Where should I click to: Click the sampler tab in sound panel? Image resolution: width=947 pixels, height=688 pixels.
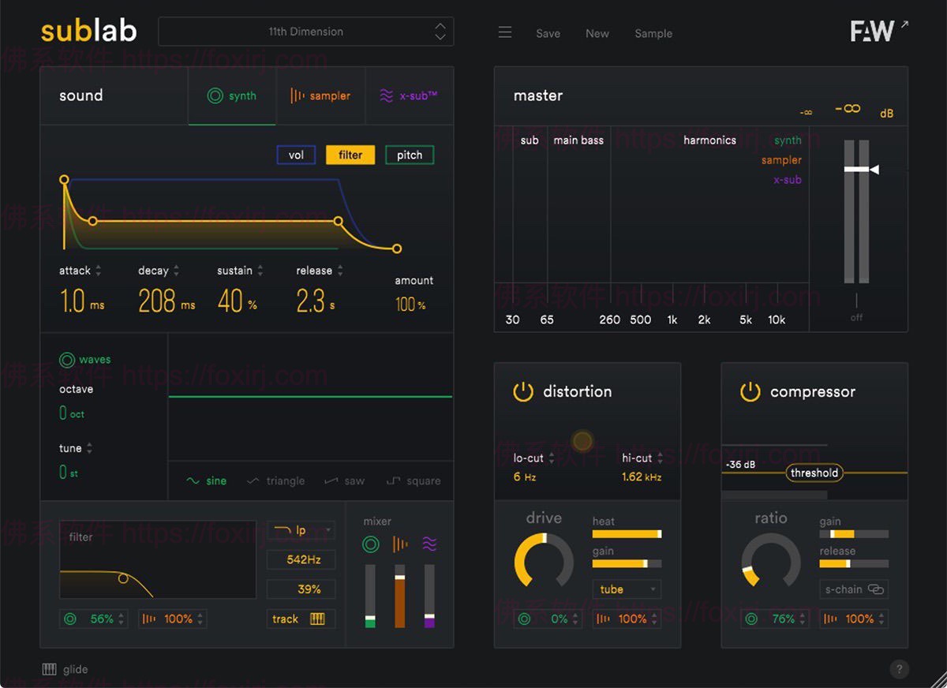[320, 95]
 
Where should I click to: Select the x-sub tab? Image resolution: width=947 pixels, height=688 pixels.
[409, 95]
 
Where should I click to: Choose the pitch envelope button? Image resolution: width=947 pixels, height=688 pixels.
[409, 155]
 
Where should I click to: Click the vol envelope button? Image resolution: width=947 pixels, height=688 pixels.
[296, 155]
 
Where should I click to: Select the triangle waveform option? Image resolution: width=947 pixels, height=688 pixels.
[275, 480]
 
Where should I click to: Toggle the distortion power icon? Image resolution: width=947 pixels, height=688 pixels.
[523, 391]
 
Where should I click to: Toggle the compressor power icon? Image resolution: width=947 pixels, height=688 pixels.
[750, 391]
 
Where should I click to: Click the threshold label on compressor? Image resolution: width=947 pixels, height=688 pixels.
[814, 473]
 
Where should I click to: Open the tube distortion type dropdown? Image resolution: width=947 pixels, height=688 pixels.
[627, 589]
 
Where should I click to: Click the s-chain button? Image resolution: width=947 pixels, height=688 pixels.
[854, 589]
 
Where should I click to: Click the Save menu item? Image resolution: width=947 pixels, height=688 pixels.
[548, 33]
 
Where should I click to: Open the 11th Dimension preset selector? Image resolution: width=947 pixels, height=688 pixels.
[305, 32]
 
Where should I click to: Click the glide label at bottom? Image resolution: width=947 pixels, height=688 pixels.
[75, 669]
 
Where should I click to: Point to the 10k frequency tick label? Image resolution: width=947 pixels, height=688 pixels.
[777, 320]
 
